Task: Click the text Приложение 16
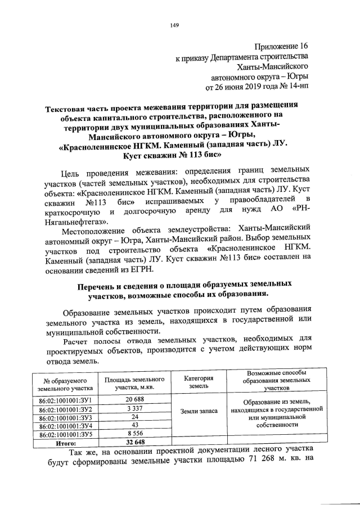click(x=279, y=46)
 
